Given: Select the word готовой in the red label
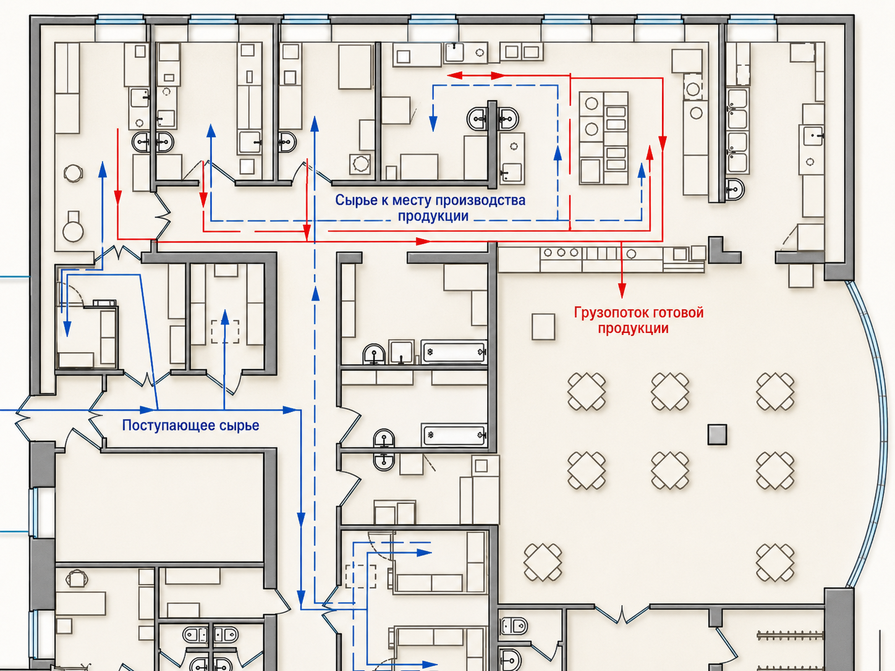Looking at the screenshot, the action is click(679, 313).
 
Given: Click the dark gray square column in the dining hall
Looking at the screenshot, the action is click(717, 434).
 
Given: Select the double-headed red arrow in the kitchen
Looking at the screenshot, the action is click(476, 75).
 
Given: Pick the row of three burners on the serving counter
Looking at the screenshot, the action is click(561, 253).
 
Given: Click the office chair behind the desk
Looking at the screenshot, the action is click(76, 578).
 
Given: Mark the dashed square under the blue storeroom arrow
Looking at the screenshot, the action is click(225, 332).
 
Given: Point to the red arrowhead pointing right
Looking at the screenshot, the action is click(423, 241).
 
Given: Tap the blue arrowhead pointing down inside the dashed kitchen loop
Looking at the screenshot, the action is click(433, 124).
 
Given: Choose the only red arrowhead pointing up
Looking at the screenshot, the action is click(650, 153).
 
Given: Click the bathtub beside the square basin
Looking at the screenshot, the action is click(454, 352).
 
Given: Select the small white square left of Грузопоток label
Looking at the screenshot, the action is click(543, 327).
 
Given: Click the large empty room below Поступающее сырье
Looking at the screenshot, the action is click(160, 508).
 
